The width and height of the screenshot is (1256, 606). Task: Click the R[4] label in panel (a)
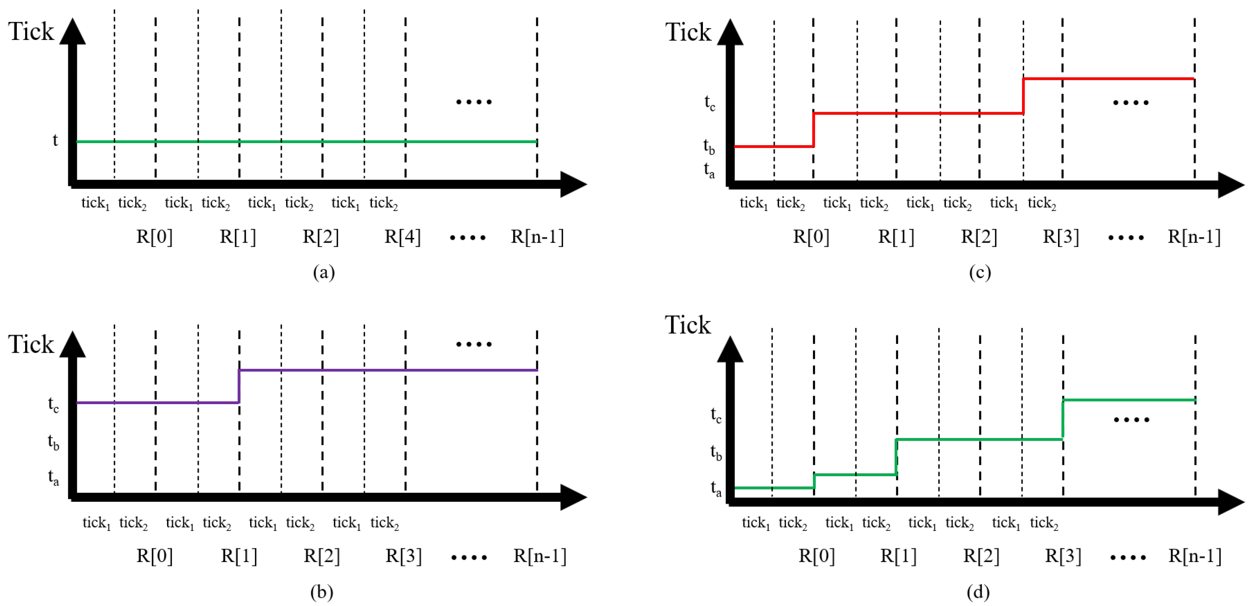coord(402,237)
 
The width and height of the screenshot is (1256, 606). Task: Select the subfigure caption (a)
coord(324,272)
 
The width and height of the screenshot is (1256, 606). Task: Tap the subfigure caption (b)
coord(322,592)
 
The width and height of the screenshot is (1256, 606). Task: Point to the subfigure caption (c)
coord(980,272)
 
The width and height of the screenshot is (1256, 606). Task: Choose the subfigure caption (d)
coord(978,592)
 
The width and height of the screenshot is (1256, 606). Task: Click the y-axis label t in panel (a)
coord(55,140)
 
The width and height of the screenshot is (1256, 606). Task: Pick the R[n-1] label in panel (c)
coord(1194,237)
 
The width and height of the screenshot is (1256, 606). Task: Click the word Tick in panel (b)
coord(31,344)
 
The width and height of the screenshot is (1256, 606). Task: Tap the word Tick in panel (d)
coord(688,325)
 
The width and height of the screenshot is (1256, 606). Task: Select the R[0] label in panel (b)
coord(154,556)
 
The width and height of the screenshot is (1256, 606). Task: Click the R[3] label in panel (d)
coord(1063,556)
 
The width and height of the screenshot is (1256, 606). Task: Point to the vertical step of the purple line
coord(239,386)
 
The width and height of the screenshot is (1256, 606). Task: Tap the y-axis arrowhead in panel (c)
coord(730,32)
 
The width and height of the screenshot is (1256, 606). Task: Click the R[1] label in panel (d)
coord(898,556)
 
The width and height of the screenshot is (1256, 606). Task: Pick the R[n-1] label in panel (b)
coord(540,556)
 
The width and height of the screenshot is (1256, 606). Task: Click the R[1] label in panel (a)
coord(238,237)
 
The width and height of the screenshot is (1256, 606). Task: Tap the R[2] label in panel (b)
coord(322,556)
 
